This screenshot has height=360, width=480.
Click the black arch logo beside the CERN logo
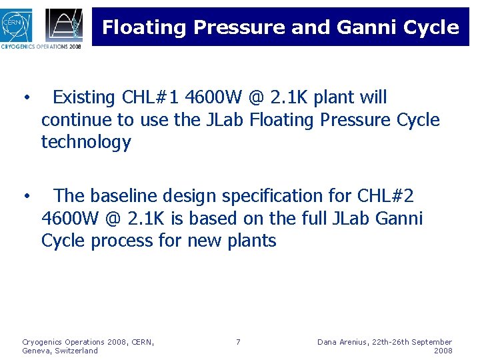pos(65,25)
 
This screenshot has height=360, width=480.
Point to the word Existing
pos(84,98)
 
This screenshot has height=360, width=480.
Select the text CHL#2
pos(386,196)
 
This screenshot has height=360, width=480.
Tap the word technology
pos(86,142)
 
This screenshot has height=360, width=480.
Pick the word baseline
pos(125,196)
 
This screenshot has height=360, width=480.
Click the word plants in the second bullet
pos(252,240)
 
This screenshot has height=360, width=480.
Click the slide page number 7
pos(238,342)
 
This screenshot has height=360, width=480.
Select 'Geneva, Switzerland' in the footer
pos(60,351)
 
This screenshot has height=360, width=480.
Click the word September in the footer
pos(429,342)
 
